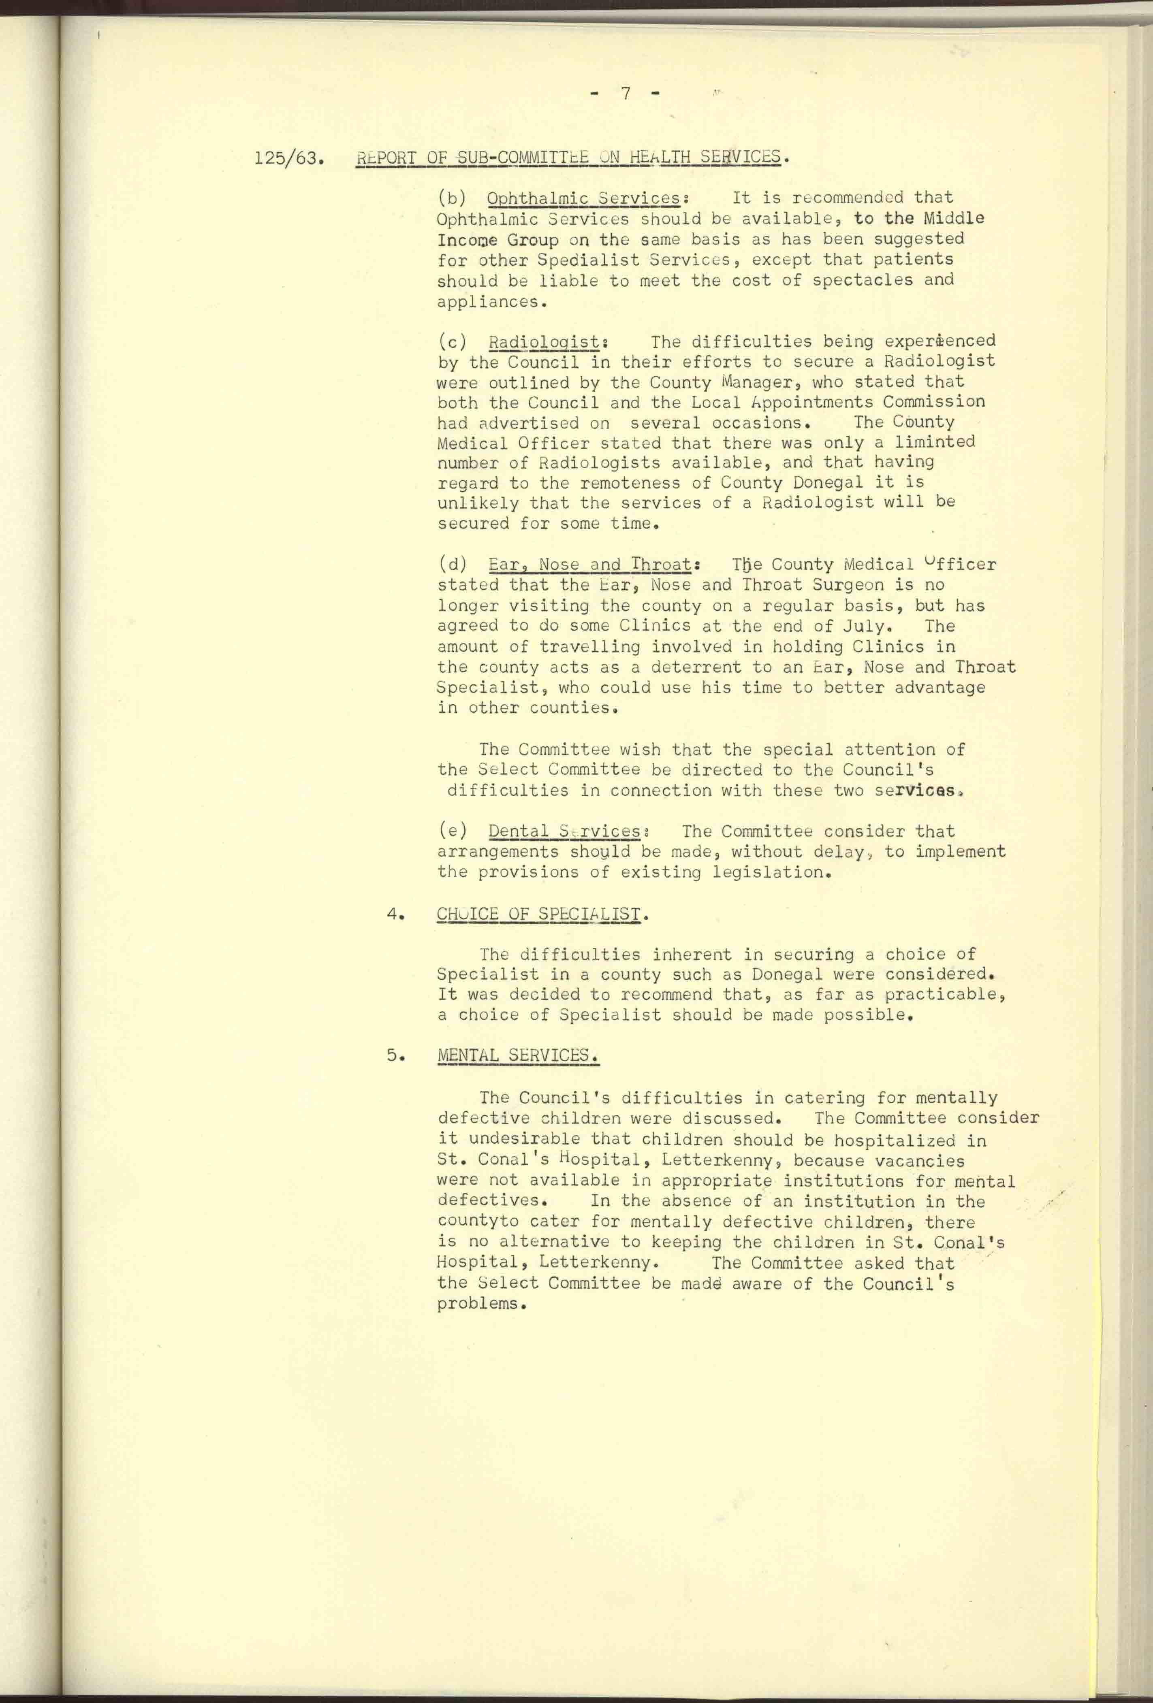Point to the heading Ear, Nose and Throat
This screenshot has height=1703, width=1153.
tap(590, 565)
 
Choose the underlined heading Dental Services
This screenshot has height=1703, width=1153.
tap(564, 832)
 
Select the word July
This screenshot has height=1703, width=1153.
tap(866, 627)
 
